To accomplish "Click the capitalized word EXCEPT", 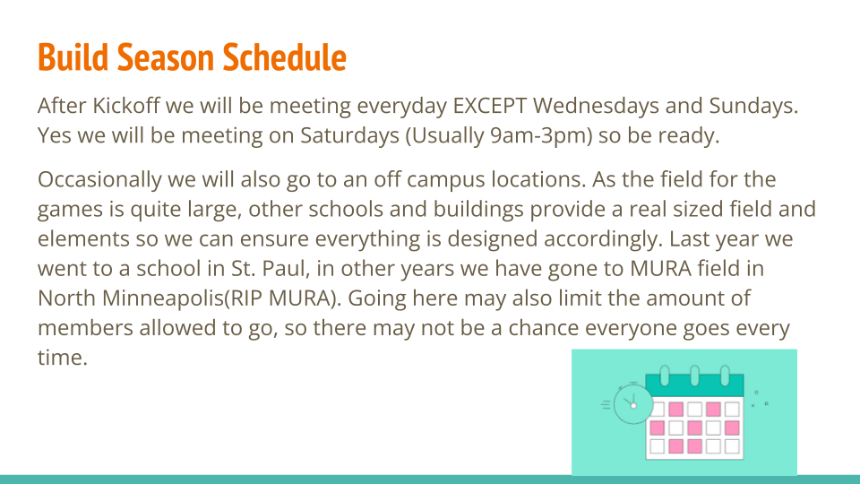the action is point(490,106).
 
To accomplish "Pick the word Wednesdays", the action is point(596,106).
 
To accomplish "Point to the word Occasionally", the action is point(99,179).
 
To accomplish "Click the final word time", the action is point(62,358).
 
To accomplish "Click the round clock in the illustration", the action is point(633,404).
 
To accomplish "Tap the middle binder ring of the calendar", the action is point(694,376).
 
